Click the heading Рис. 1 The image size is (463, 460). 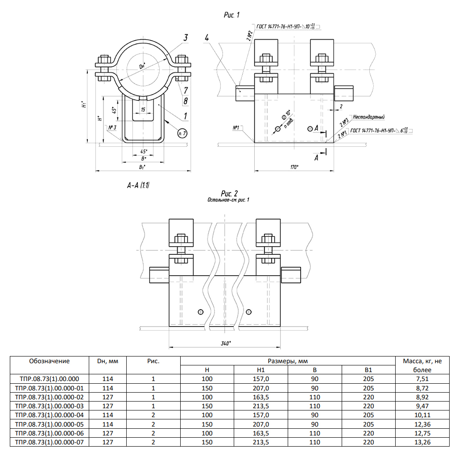pos(231,15)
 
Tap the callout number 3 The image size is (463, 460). pos(185,37)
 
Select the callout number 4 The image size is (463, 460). pos(207,37)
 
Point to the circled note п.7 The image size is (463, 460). pos(182,134)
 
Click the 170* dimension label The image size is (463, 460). pos(294,167)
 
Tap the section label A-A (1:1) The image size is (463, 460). pos(138,185)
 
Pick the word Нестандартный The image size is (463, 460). pos(368,117)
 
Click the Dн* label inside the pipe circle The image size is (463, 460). pos(143,67)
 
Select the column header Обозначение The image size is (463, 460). pos(50,361)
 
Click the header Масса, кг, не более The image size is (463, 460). pos(422,365)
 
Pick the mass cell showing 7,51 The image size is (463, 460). pos(422,379)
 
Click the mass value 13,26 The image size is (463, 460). pos(422,442)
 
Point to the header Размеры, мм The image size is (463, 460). pos(288,361)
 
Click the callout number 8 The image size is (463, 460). pos(185,101)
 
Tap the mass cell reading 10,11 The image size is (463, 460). pos(422,415)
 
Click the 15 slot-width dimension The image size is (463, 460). pos(143,110)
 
